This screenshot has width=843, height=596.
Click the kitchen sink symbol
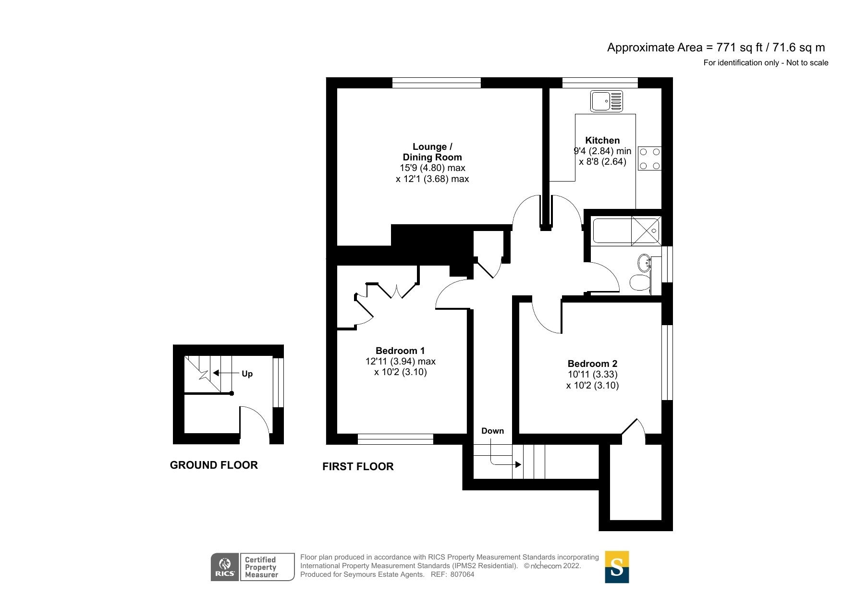click(x=607, y=101)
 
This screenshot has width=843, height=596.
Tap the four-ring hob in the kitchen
click(x=649, y=159)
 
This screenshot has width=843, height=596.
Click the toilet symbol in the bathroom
click(x=639, y=283)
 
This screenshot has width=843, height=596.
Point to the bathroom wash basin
click(x=644, y=263)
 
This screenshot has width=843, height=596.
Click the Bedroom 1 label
click(x=400, y=351)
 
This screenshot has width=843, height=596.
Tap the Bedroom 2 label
click(x=592, y=364)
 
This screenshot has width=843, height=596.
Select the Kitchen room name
click(x=602, y=140)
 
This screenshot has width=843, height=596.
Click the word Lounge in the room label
click(x=429, y=146)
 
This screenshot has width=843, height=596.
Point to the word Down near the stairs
click(x=492, y=431)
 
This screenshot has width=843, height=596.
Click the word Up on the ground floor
click(x=247, y=374)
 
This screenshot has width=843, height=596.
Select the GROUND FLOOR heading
click(x=214, y=465)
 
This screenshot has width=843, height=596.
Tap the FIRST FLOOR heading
click(x=358, y=466)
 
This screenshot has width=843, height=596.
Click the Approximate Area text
click(x=716, y=48)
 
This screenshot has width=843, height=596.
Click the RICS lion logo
click(x=225, y=566)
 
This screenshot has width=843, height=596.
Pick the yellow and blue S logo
click(x=617, y=567)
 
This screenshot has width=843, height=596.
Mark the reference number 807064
click(x=462, y=574)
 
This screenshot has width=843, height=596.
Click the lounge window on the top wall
click(x=436, y=83)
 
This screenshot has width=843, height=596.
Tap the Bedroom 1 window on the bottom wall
click(x=395, y=438)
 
